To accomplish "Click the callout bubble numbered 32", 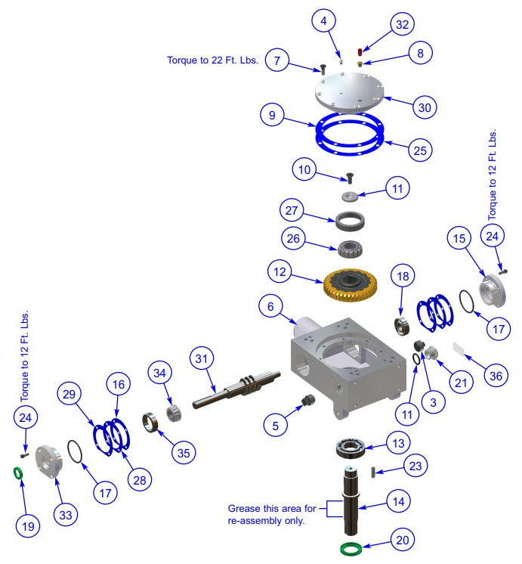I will [402, 24].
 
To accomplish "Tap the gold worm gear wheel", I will [354, 285].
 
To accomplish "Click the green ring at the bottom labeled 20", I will [351, 547].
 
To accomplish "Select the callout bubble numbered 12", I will [280, 270].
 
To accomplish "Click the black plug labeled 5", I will [307, 401].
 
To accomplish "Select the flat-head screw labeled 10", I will [350, 179].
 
